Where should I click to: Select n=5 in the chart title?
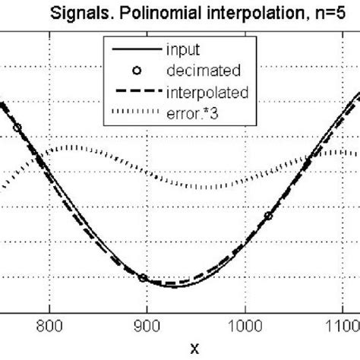coord(320,13)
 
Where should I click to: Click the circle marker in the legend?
coord(134,72)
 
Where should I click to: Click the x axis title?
coord(195,349)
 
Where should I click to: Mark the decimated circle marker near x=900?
coord(143,278)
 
